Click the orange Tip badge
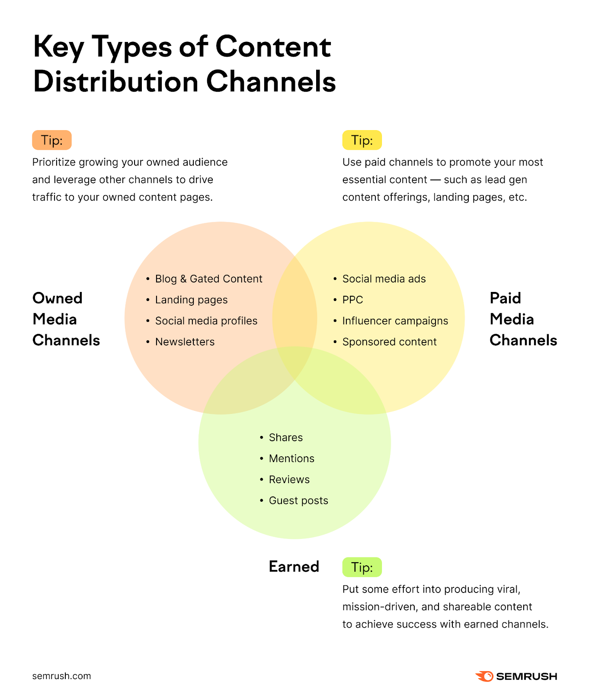click(51, 140)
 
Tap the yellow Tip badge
click(362, 140)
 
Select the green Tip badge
click(362, 567)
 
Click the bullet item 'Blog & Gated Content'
click(208, 279)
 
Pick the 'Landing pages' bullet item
click(191, 300)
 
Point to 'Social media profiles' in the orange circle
click(206, 321)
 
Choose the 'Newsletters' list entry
click(185, 342)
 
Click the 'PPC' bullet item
click(352, 300)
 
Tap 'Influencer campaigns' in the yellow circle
click(395, 321)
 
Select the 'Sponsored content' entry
click(389, 342)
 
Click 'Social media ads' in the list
click(384, 279)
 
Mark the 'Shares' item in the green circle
click(285, 438)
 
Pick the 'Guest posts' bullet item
click(298, 500)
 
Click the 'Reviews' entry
click(289, 480)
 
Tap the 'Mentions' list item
click(291, 458)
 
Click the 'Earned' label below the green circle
click(294, 567)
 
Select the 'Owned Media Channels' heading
click(66, 319)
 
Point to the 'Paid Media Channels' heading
click(523, 319)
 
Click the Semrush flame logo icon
click(484, 676)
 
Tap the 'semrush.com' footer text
click(61, 676)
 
